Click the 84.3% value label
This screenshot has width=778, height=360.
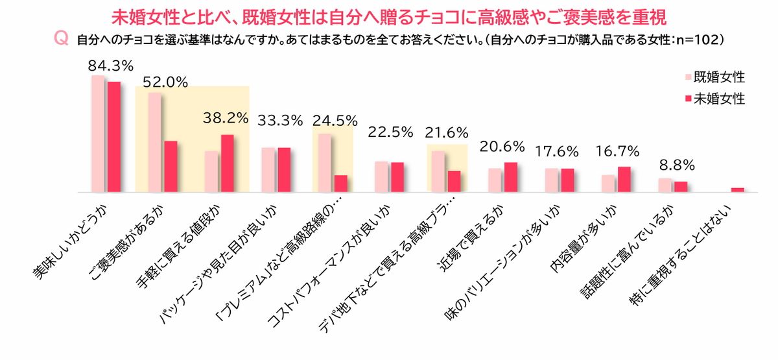click(111, 66)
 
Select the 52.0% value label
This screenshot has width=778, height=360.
click(165, 82)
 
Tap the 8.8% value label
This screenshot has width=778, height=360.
click(672, 165)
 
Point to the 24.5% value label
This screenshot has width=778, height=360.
click(335, 120)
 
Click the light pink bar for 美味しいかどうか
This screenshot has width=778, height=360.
click(98, 134)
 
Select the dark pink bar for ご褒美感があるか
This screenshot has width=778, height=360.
click(171, 167)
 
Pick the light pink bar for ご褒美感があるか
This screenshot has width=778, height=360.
click(154, 142)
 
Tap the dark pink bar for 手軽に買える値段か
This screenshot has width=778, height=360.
click(228, 163)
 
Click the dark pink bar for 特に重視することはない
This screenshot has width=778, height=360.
click(738, 190)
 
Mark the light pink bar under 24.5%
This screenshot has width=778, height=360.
click(325, 163)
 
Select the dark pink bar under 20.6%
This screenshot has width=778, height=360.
click(511, 177)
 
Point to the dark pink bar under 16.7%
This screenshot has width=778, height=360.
click(624, 180)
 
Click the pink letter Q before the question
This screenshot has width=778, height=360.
click(62, 40)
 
